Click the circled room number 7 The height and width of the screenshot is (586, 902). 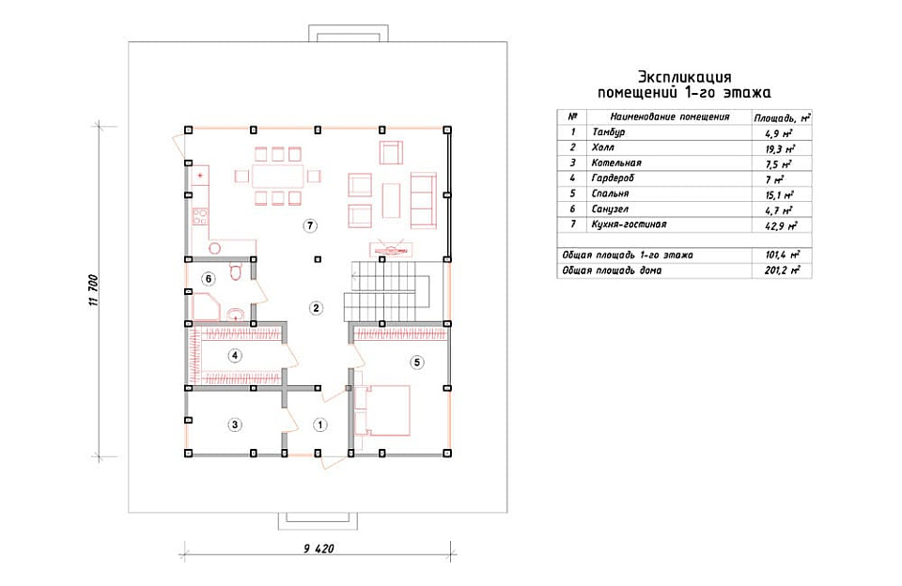pyautogui.click(x=310, y=225)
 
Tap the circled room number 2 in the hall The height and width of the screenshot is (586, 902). pyautogui.click(x=316, y=308)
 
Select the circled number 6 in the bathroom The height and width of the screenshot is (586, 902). pyautogui.click(x=209, y=280)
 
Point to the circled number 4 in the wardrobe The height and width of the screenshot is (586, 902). pyautogui.click(x=234, y=355)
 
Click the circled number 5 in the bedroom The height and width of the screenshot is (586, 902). pyautogui.click(x=417, y=362)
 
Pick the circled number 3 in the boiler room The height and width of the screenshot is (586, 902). pyautogui.click(x=234, y=425)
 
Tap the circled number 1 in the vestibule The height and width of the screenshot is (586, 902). pyautogui.click(x=319, y=425)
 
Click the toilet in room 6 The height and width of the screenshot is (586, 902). pyautogui.click(x=236, y=270)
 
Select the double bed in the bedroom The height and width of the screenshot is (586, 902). pyautogui.click(x=382, y=410)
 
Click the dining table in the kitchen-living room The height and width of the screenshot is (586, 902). pyautogui.click(x=278, y=176)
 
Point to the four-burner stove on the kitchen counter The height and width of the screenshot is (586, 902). pyautogui.click(x=200, y=217)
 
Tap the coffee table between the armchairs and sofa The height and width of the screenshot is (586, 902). pyautogui.click(x=391, y=200)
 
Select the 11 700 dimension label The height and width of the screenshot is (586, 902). pyautogui.click(x=94, y=290)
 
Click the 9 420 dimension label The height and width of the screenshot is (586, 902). pyautogui.click(x=319, y=548)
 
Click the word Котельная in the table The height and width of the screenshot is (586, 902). pyautogui.click(x=616, y=162)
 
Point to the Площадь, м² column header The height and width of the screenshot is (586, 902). pyautogui.click(x=782, y=118)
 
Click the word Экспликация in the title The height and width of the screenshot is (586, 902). pyautogui.click(x=685, y=77)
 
